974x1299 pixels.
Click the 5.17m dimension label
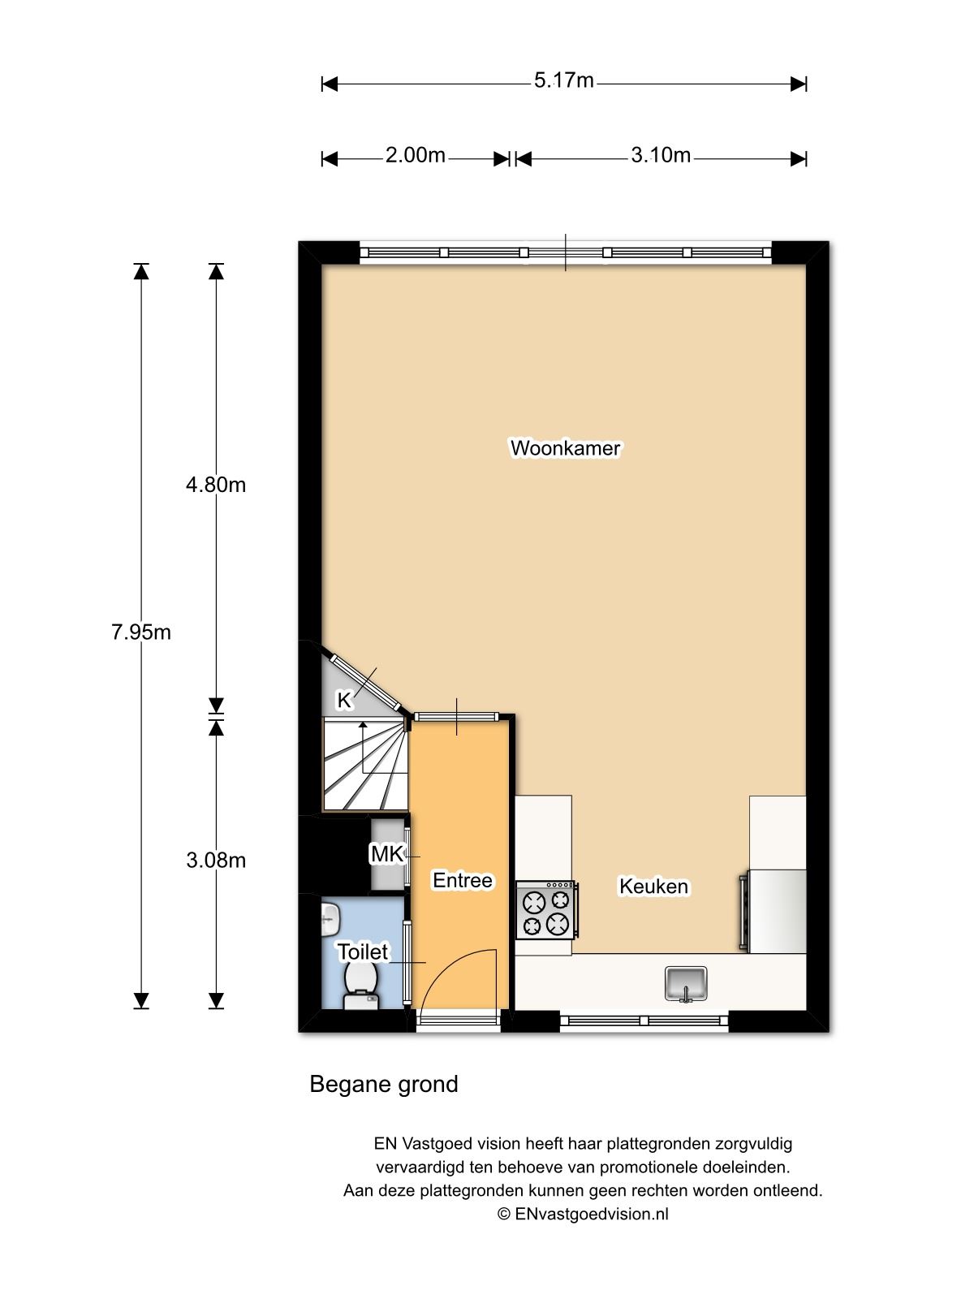pyautogui.click(x=563, y=80)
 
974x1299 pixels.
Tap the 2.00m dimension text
pyautogui.click(x=415, y=156)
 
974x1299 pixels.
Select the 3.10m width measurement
pyautogui.click(x=661, y=156)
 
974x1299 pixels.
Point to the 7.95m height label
pyautogui.click(x=141, y=632)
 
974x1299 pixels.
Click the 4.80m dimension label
pyautogui.click(x=216, y=486)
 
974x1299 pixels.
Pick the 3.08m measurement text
pyautogui.click(x=216, y=861)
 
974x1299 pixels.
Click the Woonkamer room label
pyautogui.click(x=566, y=448)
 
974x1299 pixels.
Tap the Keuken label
pyautogui.click(x=653, y=887)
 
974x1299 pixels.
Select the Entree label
pyautogui.click(x=463, y=881)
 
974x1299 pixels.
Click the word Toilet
pyautogui.click(x=363, y=952)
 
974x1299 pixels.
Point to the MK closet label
pyautogui.click(x=386, y=854)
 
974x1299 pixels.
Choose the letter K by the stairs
pyautogui.click(x=343, y=700)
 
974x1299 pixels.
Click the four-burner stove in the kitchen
pyautogui.click(x=546, y=910)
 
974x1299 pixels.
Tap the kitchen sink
pyautogui.click(x=686, y=983)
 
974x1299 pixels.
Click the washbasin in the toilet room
pyautogui.click(x=330, y=919)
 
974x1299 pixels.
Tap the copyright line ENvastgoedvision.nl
pyautogui.click(x=583, y=1214)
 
